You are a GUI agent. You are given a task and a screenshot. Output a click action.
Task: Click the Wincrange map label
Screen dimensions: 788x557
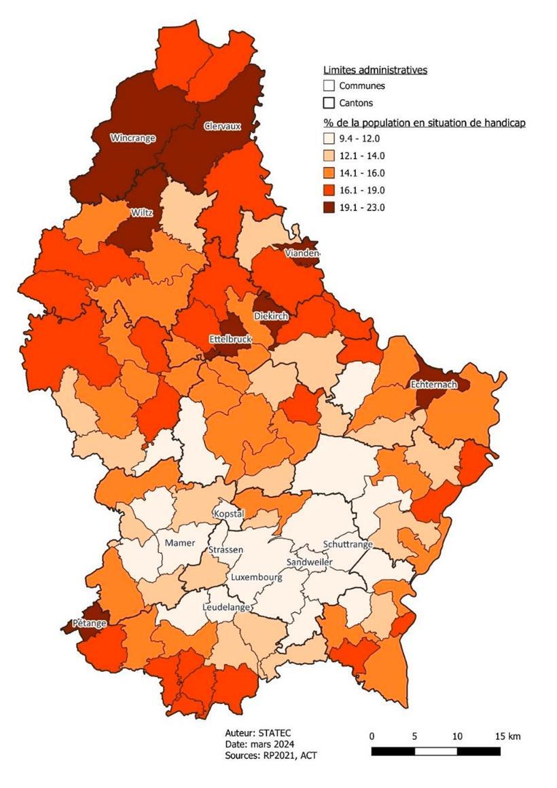tap(132, 138)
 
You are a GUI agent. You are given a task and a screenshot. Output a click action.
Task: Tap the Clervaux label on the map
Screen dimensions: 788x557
tap(222, 126)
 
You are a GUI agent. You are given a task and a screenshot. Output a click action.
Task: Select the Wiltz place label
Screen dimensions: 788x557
tap(141, 212)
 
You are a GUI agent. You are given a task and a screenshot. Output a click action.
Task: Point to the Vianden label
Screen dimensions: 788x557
tap(302, 252)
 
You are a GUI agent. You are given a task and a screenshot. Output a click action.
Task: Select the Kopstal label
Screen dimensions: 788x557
tap(228, 514)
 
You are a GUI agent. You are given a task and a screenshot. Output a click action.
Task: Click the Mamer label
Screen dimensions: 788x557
tap(180, 543)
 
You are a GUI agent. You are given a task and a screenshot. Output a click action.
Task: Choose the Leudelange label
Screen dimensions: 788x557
tap(226, 607)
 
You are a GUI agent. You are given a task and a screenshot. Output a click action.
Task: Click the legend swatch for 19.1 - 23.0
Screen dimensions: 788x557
tap(329, 208)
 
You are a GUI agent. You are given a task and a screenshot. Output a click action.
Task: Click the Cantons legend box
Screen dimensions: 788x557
tap(329, 103)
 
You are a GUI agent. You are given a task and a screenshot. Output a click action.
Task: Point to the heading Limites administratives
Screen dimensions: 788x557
tap(375, 70)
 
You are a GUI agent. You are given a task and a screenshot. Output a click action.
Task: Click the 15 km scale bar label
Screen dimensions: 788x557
tap(507, 736)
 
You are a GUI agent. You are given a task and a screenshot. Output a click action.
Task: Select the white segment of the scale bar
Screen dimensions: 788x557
tap(435, 751)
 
